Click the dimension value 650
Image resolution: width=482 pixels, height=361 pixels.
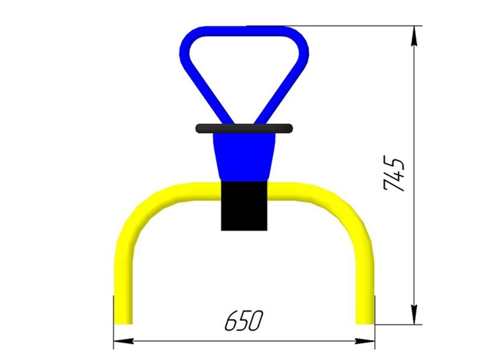[x=244, y=321]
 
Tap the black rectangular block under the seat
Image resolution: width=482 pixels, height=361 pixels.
[x=244, y=206]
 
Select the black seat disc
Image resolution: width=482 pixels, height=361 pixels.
[x=244, y=128]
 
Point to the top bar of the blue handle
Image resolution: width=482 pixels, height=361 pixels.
[x=245, y=31]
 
